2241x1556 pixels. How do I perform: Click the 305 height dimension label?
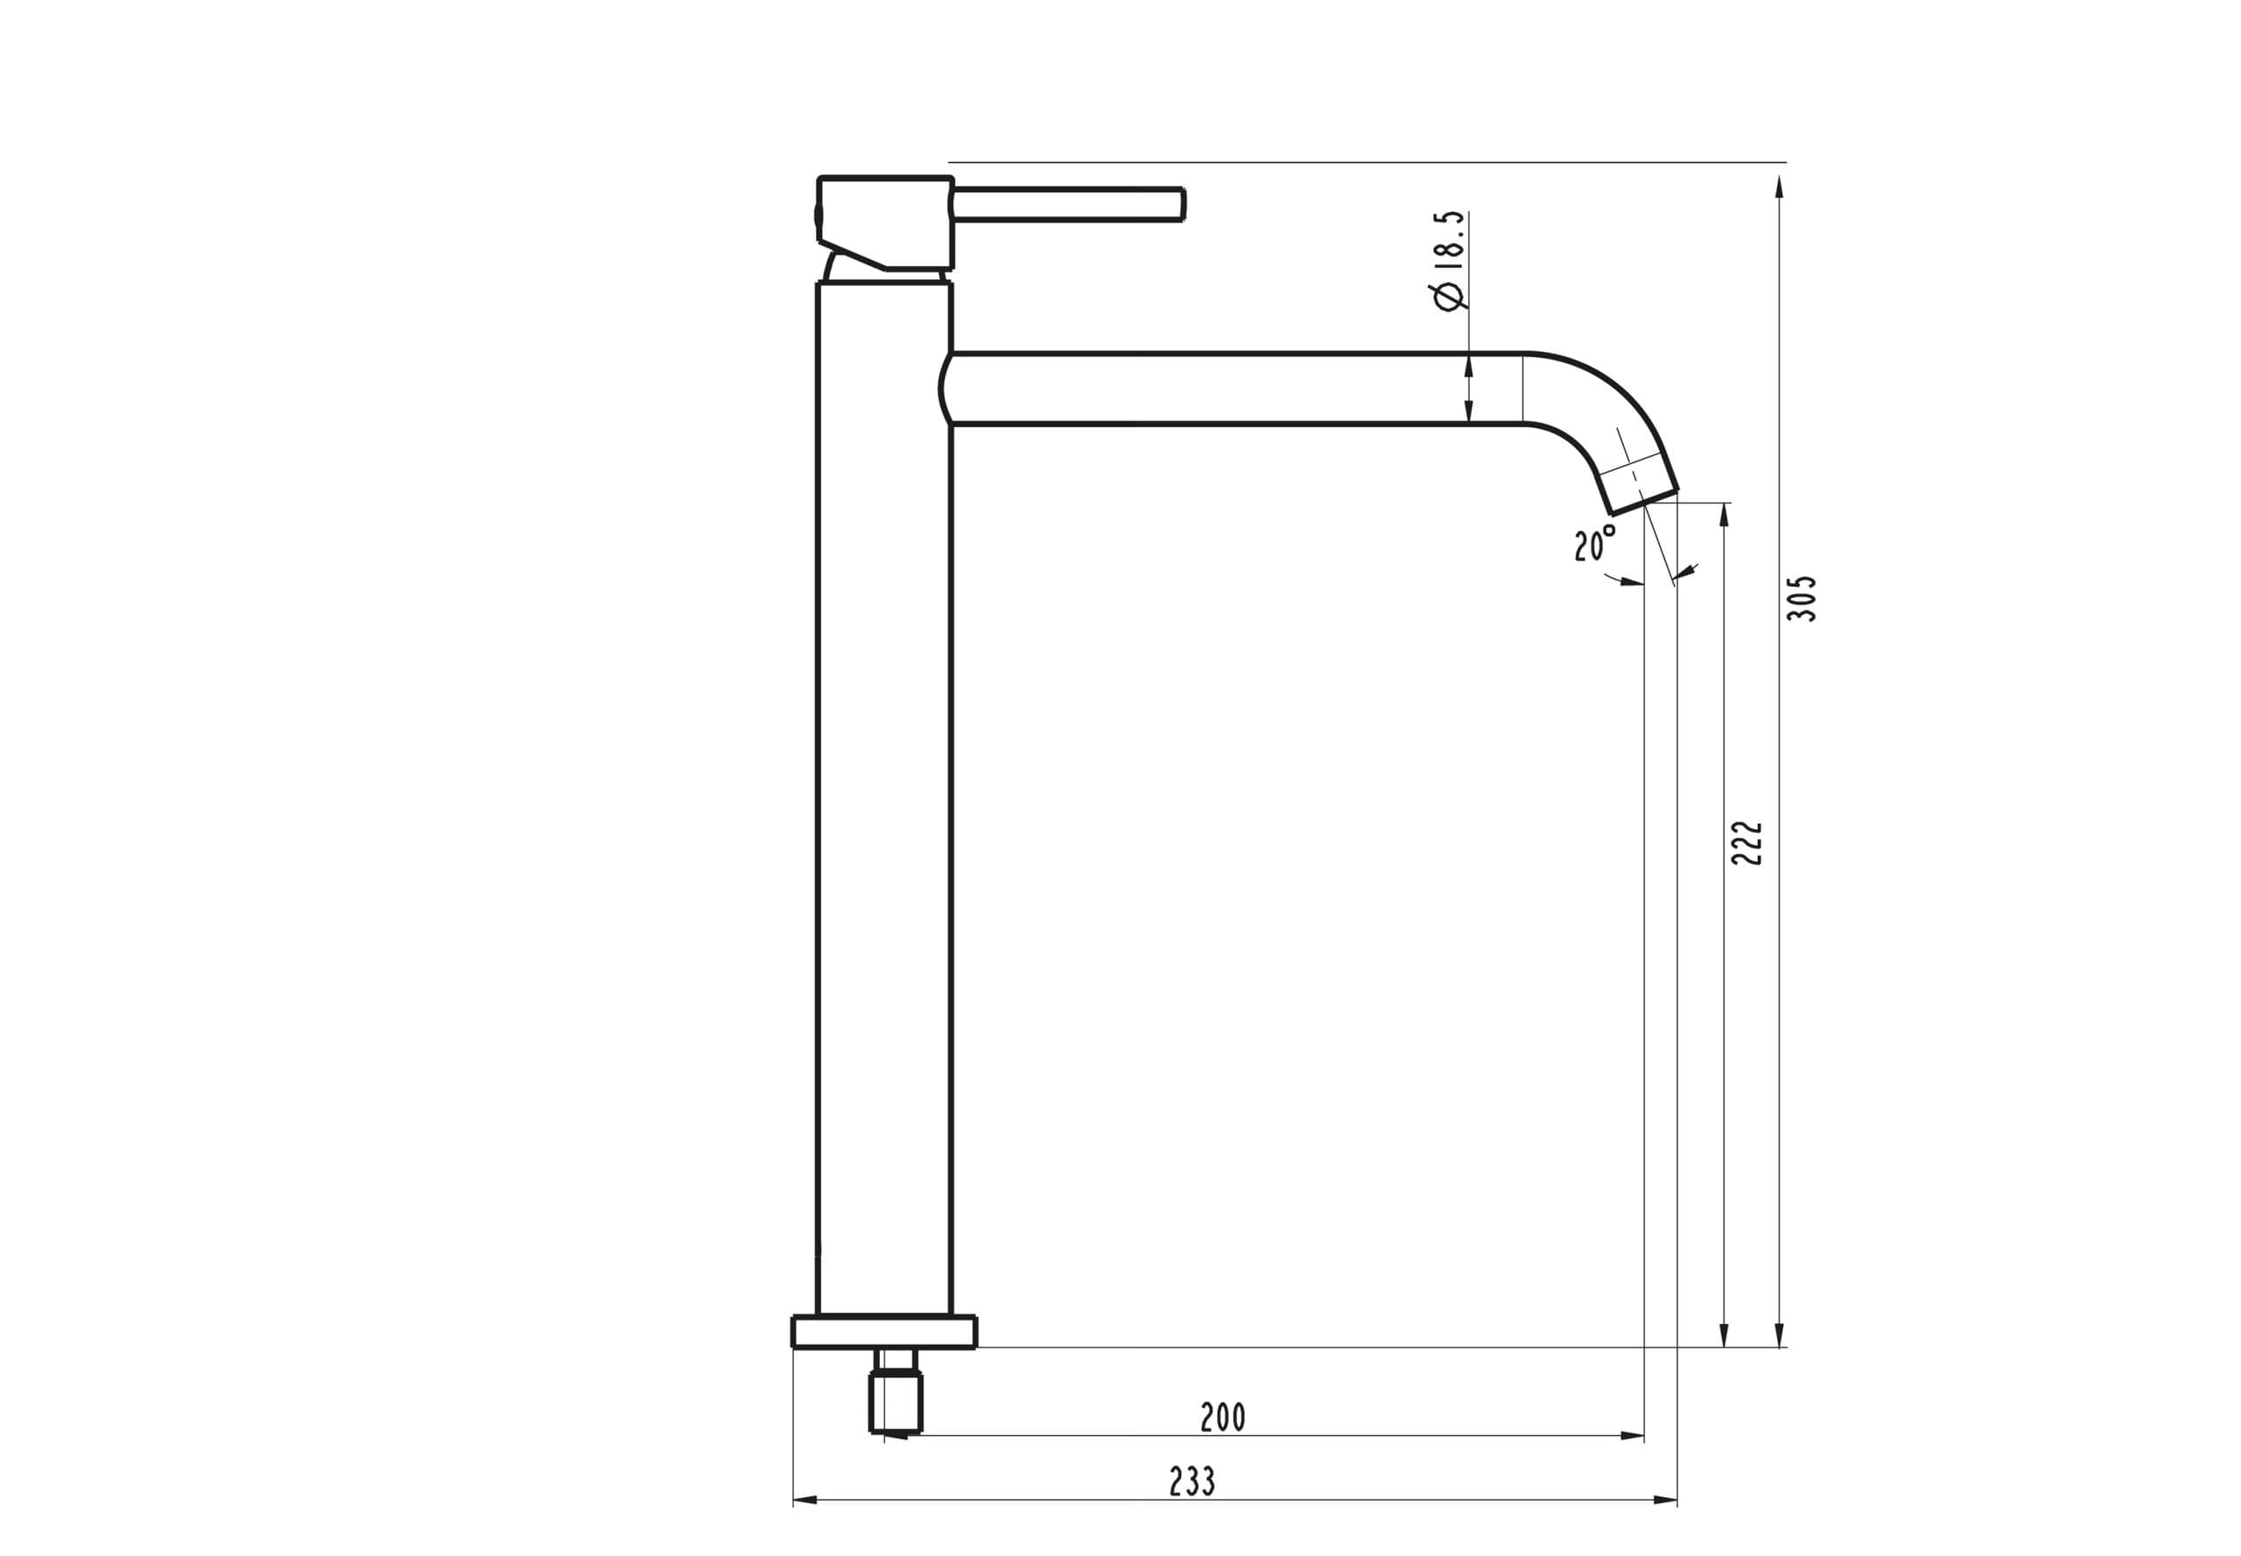coord(1801,599)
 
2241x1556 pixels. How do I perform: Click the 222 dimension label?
coord(1746,842)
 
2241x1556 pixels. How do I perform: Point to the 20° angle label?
coord(1594,543)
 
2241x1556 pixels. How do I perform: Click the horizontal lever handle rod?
coord(1067,205)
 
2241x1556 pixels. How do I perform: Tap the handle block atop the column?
coord(884,222)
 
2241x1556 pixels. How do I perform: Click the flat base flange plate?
coord(883,1332)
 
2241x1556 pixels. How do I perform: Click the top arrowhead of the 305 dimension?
coord(1779,187)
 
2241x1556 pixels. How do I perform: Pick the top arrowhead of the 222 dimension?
coord(1724,515)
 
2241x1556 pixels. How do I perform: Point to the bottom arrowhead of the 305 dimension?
coord(1779,1334)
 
